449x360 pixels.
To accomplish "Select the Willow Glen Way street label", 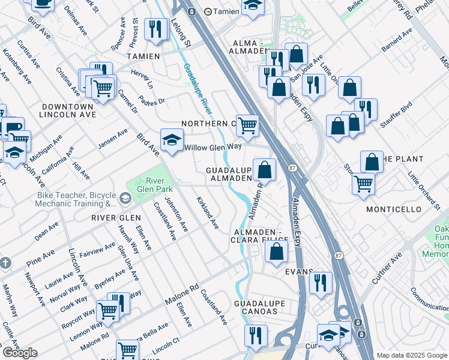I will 213,146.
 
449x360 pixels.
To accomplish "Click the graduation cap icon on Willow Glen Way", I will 172,141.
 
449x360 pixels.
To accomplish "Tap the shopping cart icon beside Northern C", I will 247,126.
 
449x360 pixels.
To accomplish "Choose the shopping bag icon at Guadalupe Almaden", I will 264,170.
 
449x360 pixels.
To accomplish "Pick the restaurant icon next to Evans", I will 321,283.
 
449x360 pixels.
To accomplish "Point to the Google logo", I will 20,353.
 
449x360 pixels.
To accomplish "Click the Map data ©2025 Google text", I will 412,355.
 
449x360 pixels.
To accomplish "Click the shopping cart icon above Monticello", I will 363,184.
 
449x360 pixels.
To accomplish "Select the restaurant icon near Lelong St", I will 156,30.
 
